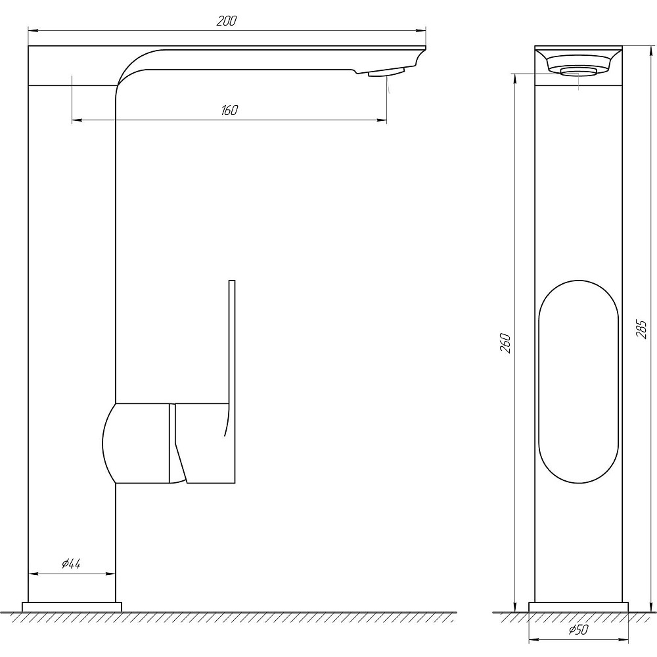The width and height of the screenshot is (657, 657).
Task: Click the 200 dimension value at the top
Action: tap(226, 21)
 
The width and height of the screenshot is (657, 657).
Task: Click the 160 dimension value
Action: tap(229, 110)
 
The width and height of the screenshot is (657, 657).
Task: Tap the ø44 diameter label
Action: tap(71, 564)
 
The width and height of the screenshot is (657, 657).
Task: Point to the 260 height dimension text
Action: tap(505, 342)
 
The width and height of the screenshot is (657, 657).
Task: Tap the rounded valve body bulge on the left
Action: tap(109, 443)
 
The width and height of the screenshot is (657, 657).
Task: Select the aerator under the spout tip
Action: tap(386, 73)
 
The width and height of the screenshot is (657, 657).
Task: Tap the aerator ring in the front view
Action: tap(579, 70)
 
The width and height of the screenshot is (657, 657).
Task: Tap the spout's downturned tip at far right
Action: tap(420, 59)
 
